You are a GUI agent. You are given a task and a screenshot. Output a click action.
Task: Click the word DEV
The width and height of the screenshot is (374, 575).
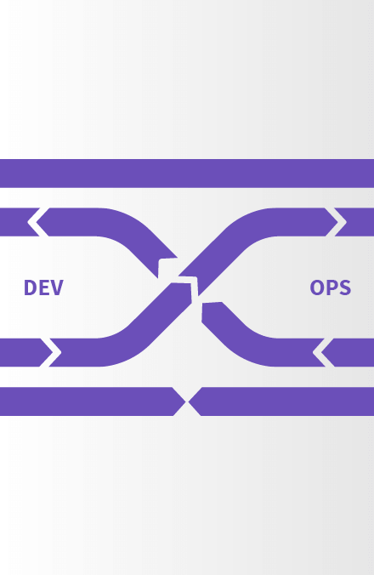tap(43, 287)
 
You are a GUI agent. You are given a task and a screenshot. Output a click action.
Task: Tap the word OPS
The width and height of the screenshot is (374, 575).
tap(331, 287)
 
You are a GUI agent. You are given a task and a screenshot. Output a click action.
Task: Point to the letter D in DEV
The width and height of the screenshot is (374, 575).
tap(30, 287)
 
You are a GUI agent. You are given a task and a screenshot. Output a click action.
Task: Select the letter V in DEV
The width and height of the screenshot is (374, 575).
tap(57, 287)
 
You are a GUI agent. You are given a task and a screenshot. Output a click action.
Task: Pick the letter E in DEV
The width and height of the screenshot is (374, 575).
tap(43, 287)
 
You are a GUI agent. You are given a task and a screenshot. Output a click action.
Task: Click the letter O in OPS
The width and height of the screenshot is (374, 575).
tap(317, 287)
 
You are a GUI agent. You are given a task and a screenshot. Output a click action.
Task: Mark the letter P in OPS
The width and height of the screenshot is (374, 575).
tap(331, 287)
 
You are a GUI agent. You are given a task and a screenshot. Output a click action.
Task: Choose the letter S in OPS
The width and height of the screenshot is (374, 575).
tap(345, 287)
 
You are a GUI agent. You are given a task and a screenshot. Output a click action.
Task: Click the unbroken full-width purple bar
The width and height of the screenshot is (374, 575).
tap(187, 174)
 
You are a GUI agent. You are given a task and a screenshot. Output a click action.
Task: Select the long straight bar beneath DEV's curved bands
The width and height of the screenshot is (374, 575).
tap(93, 401)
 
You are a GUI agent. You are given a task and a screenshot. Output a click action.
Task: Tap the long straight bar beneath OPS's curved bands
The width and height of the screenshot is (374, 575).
tap(281, 401)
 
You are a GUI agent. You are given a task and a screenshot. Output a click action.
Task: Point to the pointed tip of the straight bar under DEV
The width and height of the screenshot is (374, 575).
tap(185, 401)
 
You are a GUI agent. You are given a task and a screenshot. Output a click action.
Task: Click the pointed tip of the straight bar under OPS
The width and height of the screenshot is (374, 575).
tap(189, 401)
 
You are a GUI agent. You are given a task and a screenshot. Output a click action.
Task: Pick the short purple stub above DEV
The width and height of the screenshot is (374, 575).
tap(19, 222)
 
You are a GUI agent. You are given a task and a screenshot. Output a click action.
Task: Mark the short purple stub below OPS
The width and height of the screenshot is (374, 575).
tap(350, 352)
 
